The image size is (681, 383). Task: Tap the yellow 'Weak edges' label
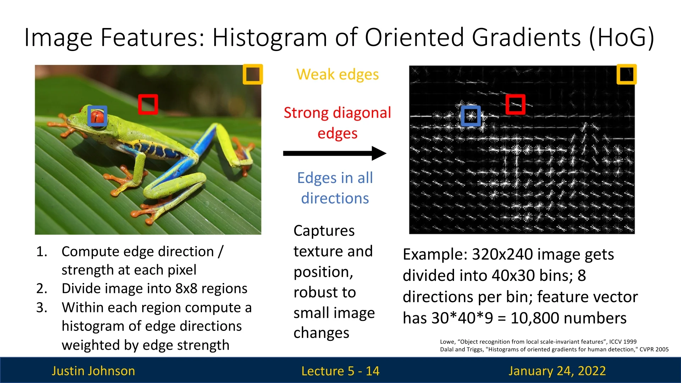tap(338, 74)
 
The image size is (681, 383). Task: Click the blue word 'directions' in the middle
tap(335, 198)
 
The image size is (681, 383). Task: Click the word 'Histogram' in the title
tap(270, 38)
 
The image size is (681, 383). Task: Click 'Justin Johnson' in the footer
tap(93, 371)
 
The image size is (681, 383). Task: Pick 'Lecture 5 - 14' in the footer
tap(340, 371)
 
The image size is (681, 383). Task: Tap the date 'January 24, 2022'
tap(557, 371)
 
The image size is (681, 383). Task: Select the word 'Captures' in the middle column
tap(324, 231)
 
